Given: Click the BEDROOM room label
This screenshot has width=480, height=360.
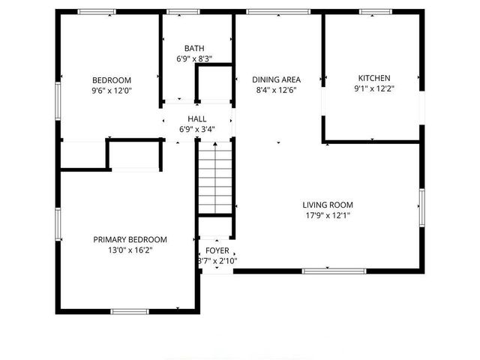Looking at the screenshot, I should (x=112, y=80).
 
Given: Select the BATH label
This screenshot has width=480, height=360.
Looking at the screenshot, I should (x=194, y=49).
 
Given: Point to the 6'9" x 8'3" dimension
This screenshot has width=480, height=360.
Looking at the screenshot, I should (x=194, y=58).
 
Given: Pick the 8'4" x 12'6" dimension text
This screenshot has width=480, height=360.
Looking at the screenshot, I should (x=276, y=89).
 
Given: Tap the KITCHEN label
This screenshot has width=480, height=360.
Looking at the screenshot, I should (x=373, y=78).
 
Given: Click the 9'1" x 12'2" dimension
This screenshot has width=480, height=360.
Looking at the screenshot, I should (x=373, y=88).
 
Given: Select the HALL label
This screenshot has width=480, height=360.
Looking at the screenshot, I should (x=197, y=119).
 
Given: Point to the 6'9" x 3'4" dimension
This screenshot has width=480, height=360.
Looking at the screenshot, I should (x=197, y=129).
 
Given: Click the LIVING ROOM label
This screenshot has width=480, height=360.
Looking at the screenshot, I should (x=328, y=205).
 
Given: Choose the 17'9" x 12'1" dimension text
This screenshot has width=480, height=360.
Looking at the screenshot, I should (x=328, y=215).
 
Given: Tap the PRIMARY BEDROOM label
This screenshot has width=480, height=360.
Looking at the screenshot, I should (x=130, y=240).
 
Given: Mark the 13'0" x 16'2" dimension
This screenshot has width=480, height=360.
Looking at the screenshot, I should (x=130, y=250).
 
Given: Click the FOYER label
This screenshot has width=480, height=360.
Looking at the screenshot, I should (x=217, y=250).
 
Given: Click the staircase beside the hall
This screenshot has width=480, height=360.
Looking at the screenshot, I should (x=217, y=180).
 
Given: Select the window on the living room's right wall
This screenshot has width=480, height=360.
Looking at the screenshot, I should (x=422, y=208).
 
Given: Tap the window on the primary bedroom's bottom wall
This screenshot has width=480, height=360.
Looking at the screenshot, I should (x=130, y=310).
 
